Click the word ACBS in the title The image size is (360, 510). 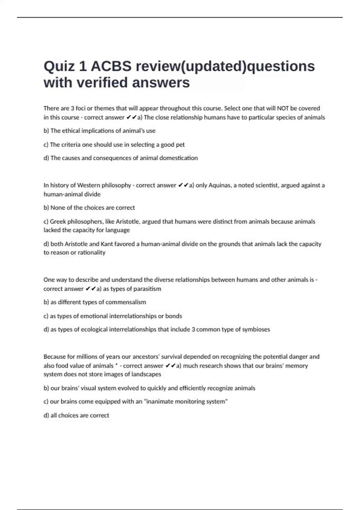(111, 66)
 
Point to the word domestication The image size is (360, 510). (178, 158)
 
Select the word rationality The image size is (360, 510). (91, 253)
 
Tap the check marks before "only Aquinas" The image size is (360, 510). (183, 185)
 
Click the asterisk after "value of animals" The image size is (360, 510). (116, 365)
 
